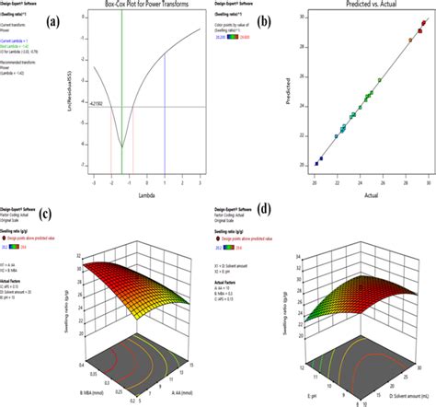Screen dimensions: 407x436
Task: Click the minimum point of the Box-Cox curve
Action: (121, 145)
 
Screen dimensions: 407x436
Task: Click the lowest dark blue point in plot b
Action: (316, 163)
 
